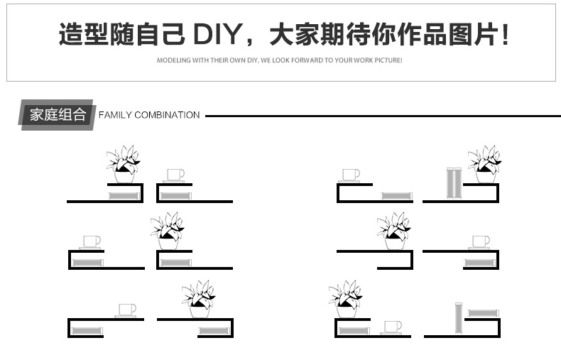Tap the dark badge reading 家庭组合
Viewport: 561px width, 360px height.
(57, 115)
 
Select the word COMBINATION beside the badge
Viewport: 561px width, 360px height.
(167, 115)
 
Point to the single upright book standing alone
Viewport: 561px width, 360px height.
(458, 317)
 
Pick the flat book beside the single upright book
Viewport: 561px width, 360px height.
(483, 312)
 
